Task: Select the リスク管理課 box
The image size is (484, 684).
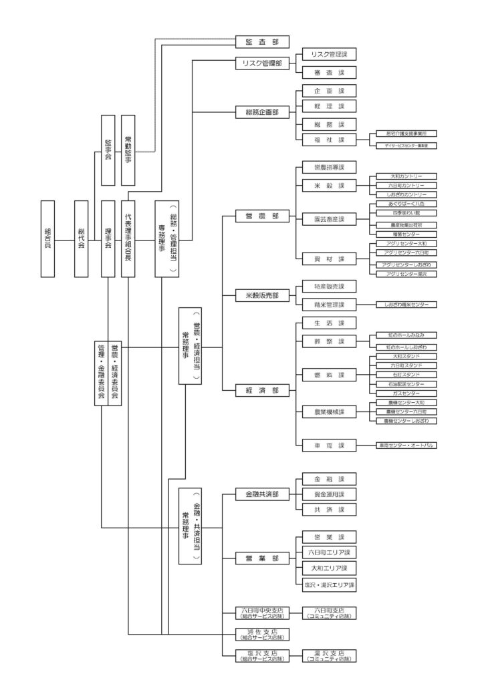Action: [x=328, y=55]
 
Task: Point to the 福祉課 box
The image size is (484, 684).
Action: [x=328, y=140]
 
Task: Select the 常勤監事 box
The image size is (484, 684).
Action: [x=128, y=150]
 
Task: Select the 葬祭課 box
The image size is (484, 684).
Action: [x=328, y=341]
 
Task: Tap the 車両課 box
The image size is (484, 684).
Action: [x=328, y=445]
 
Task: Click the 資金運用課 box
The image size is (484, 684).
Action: [x=328, y=494]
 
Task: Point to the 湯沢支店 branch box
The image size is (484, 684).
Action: [x=328, y=655]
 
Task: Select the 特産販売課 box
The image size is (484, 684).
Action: [x=328, y=287]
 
